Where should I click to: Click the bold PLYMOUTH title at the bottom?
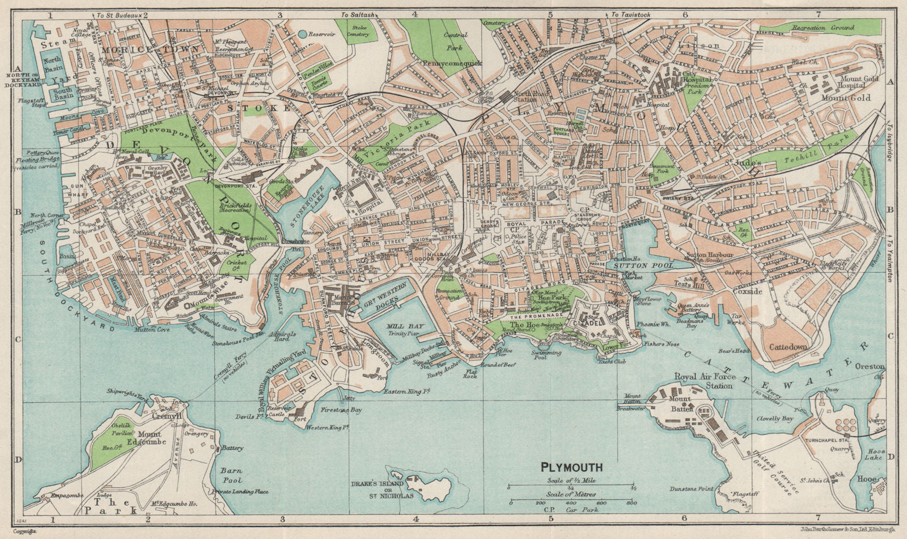click(x=571, y=469)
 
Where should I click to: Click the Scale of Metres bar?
click(x=572, y=503)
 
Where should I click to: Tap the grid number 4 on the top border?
click(x=416, y=15)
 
